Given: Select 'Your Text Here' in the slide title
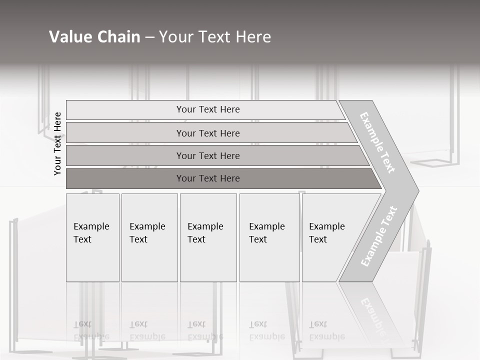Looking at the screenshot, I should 215,37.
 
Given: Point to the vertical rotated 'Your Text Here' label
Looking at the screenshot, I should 57,143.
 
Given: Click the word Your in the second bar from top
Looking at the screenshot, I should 185,133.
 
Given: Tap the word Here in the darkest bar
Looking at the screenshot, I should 229,178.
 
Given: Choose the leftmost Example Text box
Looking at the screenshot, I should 92,237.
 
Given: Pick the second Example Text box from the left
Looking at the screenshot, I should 149,237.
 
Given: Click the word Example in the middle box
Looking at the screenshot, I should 205,226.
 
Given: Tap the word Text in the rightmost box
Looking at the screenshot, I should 317,239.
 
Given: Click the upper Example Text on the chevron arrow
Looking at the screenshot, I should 377,142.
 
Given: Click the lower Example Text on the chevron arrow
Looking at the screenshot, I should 379,236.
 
